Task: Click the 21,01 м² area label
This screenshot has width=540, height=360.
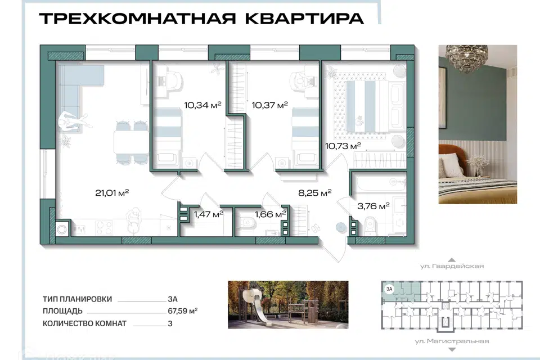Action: [x=112, y=192]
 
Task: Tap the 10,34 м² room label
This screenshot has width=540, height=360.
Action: [x=202, y=105]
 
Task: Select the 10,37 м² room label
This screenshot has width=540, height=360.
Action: [x=269, y=105]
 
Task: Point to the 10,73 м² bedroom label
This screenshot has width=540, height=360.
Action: [x=343, y=146]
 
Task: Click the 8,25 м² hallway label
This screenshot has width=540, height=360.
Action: [x=315, y=192]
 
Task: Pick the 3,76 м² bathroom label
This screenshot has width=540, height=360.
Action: [x=373, y=206]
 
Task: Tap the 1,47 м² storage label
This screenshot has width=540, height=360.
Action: [x=209, y=214]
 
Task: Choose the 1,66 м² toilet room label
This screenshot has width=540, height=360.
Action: [x=271, y=214]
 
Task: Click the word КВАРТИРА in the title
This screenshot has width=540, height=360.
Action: [x=304, y=18]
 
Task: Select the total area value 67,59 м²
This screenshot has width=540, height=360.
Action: [x=182, y=310]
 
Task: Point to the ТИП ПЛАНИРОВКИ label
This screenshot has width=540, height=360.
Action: [x=78, y=299]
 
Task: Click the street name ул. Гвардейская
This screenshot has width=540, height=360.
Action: [x=452, y=266]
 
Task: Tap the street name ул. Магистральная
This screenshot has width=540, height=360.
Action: [x=452, y=341]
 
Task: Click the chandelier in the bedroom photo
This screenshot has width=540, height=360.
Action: [x=467, y=56]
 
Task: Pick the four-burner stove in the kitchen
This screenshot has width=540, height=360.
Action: [x=104, y=228]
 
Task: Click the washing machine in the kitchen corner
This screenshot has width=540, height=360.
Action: [x=62, y=229]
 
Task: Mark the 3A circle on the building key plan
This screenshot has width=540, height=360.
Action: [x=389, y=289]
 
